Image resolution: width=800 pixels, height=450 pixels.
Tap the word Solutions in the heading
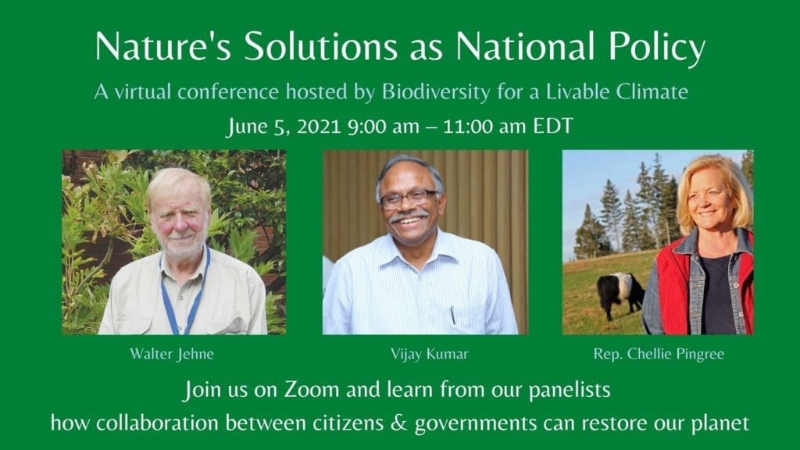320,46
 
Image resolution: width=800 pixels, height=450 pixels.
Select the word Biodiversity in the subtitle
436,92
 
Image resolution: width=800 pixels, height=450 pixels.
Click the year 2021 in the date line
319,126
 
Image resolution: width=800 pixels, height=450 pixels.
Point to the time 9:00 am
383,126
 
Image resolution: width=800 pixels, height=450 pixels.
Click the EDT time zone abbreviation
553,126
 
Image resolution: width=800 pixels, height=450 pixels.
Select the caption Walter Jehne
172,354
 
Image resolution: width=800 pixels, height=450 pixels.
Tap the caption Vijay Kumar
429,354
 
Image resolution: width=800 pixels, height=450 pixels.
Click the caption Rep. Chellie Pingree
659,354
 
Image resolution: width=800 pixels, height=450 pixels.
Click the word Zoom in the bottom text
312,390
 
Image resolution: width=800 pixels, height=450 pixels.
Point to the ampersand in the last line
399,423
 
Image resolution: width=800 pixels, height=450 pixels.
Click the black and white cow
620,295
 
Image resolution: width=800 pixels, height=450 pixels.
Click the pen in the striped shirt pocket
452,315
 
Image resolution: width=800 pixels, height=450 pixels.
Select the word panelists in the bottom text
570,391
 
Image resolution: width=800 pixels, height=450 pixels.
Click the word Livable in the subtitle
577,92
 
